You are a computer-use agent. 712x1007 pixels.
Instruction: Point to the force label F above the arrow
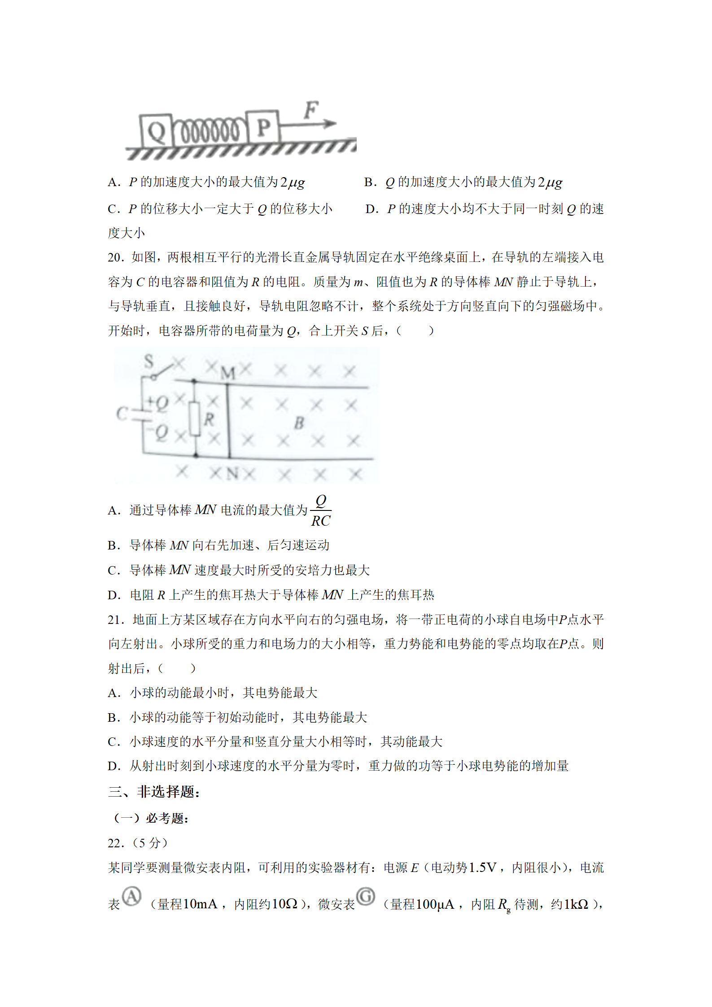click(x=311, y=110)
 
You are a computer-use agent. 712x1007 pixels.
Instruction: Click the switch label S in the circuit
click(x=149, y=361)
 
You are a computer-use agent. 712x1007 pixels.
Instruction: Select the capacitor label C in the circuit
click(x=121, y=413)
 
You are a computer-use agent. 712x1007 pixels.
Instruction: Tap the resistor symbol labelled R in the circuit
click(x=195, y=418)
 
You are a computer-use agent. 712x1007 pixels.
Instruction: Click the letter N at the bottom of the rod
click(x=232, y=473)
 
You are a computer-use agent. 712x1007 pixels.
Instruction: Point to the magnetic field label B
click(x=299, y=423)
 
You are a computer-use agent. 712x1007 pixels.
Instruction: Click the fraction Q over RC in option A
click(x=321, y=510)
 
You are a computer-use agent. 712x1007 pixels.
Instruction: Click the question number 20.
click(x=115, y=257)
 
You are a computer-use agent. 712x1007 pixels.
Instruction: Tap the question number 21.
click(x=115, y=620)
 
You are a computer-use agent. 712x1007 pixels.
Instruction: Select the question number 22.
click(x=115, y=843)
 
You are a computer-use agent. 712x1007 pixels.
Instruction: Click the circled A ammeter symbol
click(x=131, y=896)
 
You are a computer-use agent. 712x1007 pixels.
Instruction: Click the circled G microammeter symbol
click(x=366, y=896)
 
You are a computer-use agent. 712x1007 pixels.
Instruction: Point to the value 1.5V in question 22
click(x=482, y=868)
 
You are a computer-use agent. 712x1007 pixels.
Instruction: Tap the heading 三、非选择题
click(x=154, y=792)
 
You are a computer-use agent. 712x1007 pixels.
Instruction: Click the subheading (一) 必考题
click(x=151, y=818)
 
